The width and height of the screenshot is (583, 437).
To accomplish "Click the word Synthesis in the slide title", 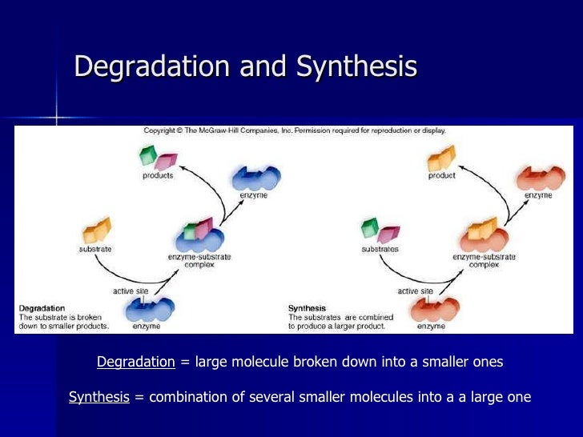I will click(x=356, y=67).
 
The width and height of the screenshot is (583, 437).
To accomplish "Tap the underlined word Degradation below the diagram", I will click(x=135, y=362).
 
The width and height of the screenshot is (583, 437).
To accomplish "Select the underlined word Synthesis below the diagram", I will click(x=99, y=397).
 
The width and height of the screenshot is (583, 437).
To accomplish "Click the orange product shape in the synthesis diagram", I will click(x=441, y=158).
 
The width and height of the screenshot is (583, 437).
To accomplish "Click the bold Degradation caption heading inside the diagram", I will click(x=42, y=307).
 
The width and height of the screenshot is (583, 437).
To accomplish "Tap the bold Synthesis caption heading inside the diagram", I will click(x=307, y=307).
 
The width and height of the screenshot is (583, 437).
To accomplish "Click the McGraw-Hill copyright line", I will click(x=295, y=130).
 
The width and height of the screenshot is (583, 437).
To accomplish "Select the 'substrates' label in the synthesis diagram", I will click(x=379, y=249).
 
